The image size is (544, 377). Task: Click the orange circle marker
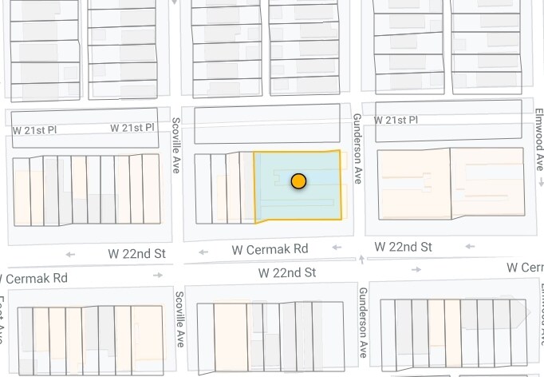(x=298, y=181)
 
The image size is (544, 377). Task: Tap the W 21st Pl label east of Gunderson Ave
(x=396, y=120)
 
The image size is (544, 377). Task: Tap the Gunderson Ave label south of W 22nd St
(x=363, y=322)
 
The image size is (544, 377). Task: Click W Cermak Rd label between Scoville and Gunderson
(x=270, y=249)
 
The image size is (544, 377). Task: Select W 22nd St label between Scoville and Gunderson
(x=287, y=272)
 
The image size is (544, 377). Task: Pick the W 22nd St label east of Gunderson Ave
(x=403, y=247)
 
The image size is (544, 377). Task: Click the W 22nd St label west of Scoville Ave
(x=137, y=254)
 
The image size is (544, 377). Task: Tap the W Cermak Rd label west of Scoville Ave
(x=34, y=278)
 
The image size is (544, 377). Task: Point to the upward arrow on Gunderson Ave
(x=362, y=259)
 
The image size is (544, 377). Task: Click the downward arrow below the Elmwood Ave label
(x=539, y=182)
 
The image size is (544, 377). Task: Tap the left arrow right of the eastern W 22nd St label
(x=470, y=247)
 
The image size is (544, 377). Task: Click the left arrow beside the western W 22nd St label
(x=71, y=255)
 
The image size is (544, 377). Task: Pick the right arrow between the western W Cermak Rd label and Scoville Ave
(x=159, y=275)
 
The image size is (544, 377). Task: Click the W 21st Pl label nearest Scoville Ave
(x=132, y=128)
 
